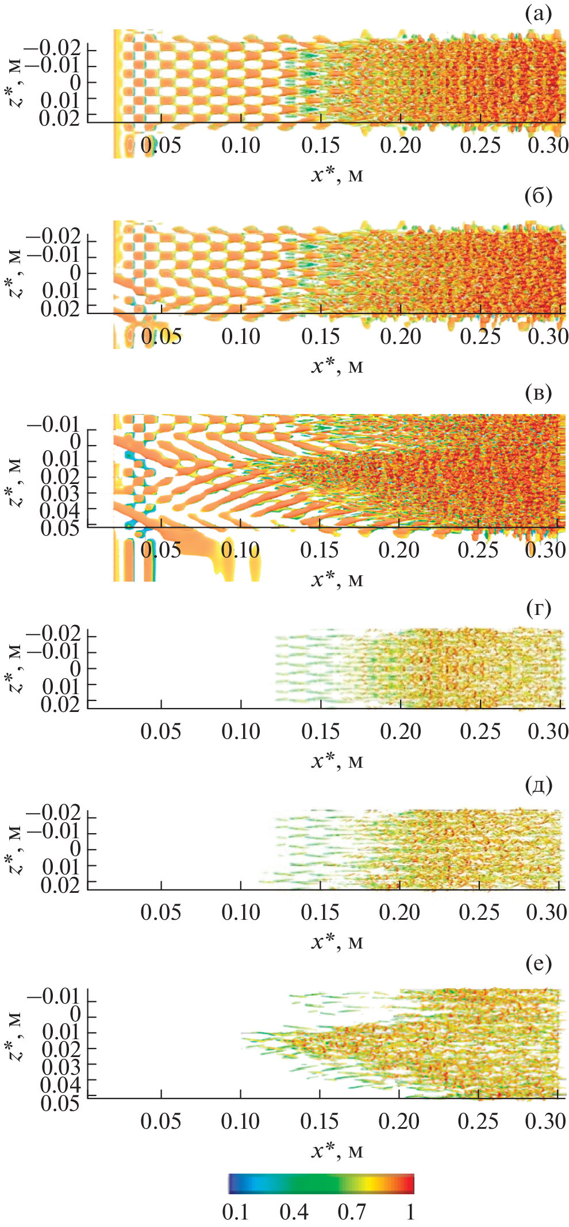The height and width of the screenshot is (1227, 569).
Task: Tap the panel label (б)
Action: click(x=538, y=196)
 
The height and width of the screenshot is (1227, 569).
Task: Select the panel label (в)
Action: click(x=538, y=393)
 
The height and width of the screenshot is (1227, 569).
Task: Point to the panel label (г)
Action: click(x=538, y=607)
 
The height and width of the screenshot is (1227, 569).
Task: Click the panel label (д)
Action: click(x=538, y=785)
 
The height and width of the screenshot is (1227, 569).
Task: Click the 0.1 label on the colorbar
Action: click(x=236, y=1211)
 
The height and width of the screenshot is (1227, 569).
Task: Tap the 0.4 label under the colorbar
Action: click(x=294, y=1211)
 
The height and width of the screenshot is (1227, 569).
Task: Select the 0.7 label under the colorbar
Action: click(x=351, y=1211)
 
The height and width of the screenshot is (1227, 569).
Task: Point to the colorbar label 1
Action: click(x=410, y=1211)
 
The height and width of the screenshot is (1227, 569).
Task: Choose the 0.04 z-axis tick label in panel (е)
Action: click(x=60, y=1085)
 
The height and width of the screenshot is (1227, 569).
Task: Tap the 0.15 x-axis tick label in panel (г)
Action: click(x=320, y=731)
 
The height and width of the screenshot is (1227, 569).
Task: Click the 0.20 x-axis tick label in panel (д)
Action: click(x=399, y=912)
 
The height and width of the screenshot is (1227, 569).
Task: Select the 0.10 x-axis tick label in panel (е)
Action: click(x=240, y=1121)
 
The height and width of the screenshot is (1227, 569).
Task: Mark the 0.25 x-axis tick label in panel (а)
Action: click(x=479, y=146)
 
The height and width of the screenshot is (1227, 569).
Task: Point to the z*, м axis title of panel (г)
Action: click(x=16, y=669)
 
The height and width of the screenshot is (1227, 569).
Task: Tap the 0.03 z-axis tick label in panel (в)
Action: click(x=60, y=493)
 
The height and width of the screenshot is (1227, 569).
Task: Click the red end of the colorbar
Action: click(x=409, y=1183)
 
